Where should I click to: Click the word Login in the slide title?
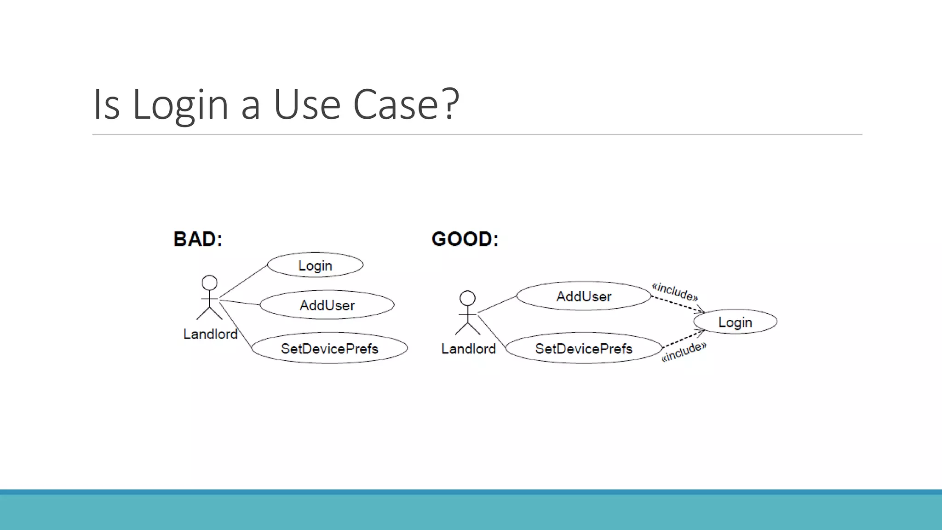(180, 105)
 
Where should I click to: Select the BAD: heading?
(198, 239)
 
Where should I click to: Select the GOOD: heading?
(465, 239)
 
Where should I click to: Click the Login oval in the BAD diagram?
(315, 265)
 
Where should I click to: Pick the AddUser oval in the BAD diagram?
(327, 305)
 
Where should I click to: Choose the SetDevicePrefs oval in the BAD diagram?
(329, 348)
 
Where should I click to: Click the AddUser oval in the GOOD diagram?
(583, 296)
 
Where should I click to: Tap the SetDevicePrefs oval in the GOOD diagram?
(583, 348)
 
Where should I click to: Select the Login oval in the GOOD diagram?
(735, 322)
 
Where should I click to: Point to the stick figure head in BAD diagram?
(209, 283)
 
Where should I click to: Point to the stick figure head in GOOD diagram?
(467, 298)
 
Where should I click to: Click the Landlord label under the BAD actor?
(210, 334)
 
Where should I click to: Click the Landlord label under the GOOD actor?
(468, 349)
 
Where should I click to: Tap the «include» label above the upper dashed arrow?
(675, 292)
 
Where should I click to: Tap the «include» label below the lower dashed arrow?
(684, 352)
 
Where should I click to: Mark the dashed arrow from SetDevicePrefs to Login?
(683, 339)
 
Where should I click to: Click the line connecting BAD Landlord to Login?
(244, 281)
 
